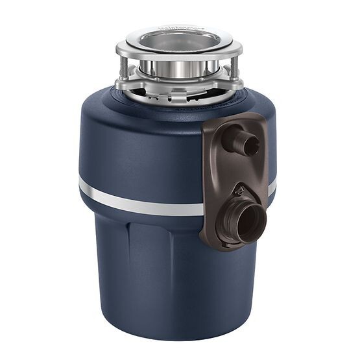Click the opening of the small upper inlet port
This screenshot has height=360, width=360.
pos(252,145)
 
